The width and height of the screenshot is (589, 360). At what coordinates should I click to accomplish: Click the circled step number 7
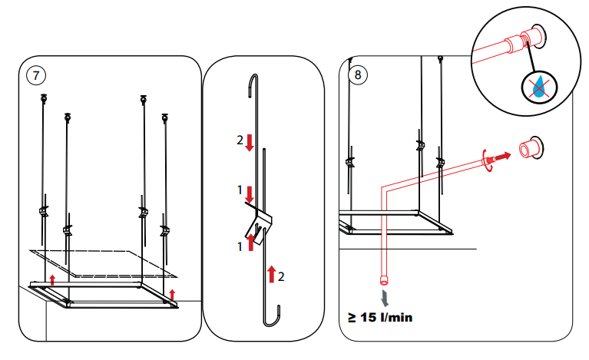36,74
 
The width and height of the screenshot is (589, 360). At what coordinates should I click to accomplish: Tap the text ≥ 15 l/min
380,316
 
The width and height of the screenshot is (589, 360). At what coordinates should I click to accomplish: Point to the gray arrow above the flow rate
383,296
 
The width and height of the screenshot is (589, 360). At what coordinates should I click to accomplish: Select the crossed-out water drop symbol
541,88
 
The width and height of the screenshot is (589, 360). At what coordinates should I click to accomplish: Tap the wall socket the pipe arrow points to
528,147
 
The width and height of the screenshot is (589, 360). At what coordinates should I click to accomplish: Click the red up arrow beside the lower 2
271,275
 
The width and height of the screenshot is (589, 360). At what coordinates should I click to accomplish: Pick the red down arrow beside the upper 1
250,194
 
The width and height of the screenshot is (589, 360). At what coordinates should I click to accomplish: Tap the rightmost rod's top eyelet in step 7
164,117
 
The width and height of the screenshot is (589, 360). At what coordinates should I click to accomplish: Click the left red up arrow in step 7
52,278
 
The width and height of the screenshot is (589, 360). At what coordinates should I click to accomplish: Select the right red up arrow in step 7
172,295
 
